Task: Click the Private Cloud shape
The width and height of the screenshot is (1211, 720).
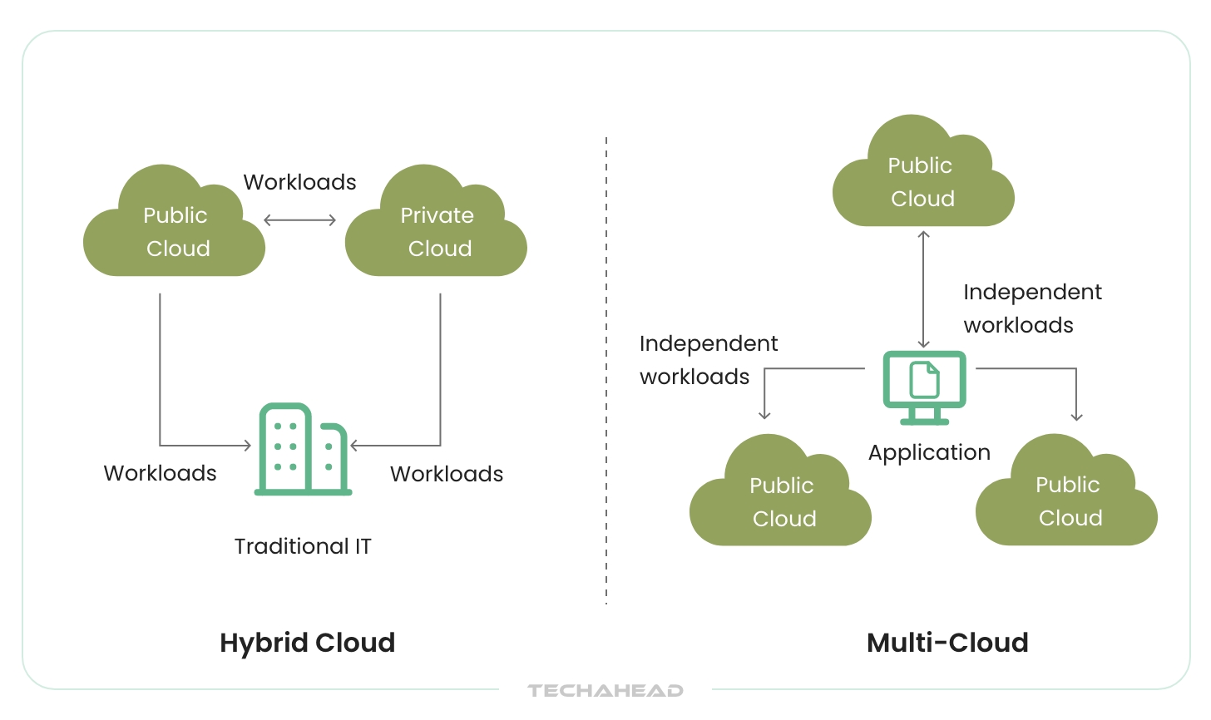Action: (x=436, y=230)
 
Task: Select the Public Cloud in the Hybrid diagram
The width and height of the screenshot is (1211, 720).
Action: (x=175, y=230)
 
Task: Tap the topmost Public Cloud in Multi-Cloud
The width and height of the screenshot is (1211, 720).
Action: (x=922, y=180)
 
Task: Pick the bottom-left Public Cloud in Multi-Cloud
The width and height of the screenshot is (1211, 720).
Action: (x=781, y=501)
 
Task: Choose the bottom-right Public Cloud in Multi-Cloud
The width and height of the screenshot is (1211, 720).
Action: (x=1067, y=500)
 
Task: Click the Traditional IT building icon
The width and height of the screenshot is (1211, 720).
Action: (x=303, y=449)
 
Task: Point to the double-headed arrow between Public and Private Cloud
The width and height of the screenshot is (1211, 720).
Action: (x=299, y=220)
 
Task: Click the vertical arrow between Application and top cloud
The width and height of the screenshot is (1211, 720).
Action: (x=923, y=289)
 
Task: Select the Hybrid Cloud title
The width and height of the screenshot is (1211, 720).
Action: (x=307, y=643)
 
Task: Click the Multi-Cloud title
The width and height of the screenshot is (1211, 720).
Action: (x=947, y=643)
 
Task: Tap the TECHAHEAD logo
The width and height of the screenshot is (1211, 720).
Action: (x=605, y=690)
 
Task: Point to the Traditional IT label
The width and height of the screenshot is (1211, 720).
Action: (x=303, y=546)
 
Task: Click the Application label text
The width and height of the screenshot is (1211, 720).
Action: (x=929, y=452)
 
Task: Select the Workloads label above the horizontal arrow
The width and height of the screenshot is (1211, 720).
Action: (x=299, y=182)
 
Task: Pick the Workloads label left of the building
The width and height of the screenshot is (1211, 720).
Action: (x=160, y=473)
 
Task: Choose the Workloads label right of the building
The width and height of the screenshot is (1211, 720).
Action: (x=447, y=474)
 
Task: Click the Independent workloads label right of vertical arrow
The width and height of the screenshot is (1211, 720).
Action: (x=1032, y=308)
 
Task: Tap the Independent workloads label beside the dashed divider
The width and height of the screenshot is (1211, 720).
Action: (x=708, y=360)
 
